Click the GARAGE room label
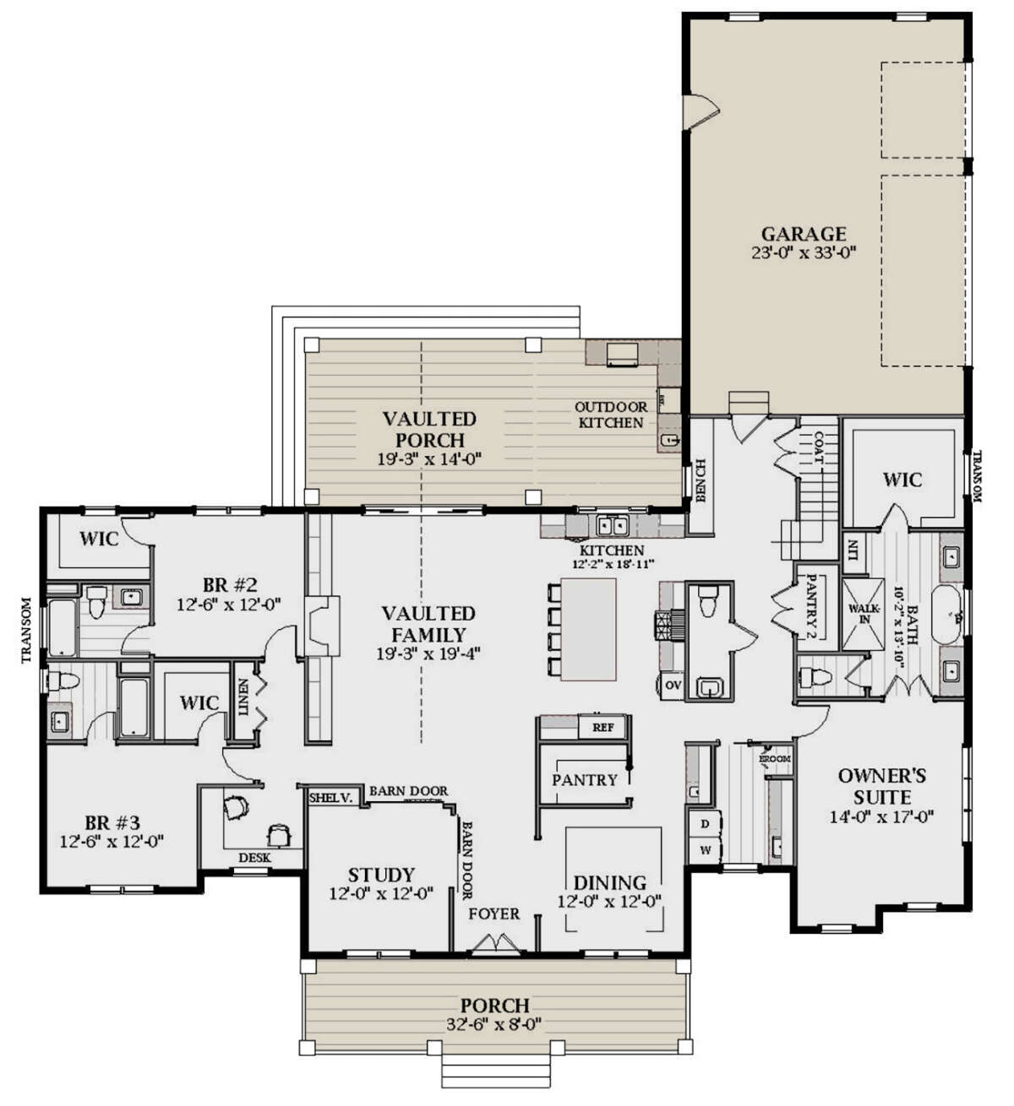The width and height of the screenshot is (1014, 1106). [x=803, y=234]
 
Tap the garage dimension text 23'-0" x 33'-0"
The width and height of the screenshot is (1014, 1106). [x=803, y=252]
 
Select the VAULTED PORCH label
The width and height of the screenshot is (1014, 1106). [x=429, y=429]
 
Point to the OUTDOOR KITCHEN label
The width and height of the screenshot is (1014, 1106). [x=611, y=415]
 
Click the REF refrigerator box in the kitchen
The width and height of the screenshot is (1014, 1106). [x=602, y=727]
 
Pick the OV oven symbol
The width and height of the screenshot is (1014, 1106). [x=673, y=684]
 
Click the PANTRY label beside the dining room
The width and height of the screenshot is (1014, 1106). [x=584, y=780]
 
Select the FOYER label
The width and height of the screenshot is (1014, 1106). [x=494, y=914]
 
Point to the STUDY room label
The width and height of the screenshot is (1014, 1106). [x=381, y=875]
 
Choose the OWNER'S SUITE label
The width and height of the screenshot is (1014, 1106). [x=882, y=786]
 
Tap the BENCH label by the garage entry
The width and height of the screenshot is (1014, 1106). [x=700, y=480]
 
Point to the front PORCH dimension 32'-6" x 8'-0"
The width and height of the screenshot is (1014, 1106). [x=495, y=1024]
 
